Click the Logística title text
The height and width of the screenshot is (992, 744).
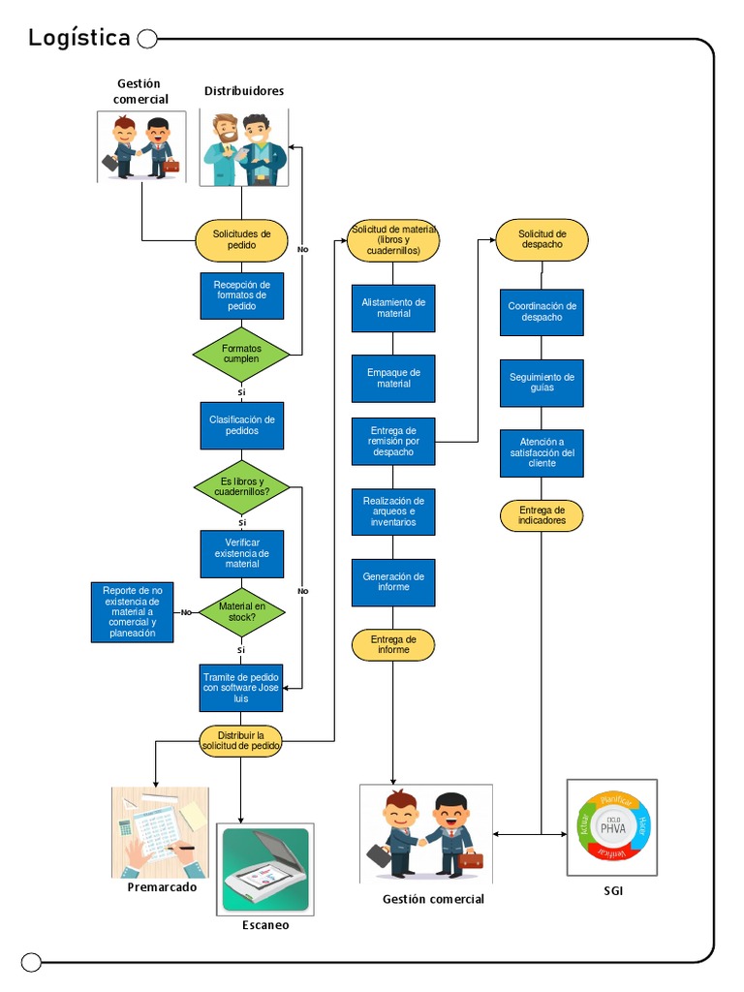[78, 38]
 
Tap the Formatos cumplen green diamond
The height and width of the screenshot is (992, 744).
[241, 353]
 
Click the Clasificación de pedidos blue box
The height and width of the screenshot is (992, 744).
[242, 425]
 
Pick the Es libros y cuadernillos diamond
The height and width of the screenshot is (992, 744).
[241, 486]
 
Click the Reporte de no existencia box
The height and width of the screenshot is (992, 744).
[133, 611]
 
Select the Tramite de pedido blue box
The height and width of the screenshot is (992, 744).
[241, 687]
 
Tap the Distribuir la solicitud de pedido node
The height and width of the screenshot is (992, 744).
[241, 739]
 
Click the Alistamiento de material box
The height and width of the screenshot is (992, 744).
[393, 308]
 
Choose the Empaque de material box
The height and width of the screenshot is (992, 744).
[393, 378]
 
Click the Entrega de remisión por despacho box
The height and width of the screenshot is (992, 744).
[393, 442]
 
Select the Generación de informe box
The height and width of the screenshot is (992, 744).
[393, 582]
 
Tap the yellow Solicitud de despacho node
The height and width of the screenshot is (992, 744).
[542, 240]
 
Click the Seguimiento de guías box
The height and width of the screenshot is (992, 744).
[542, 383]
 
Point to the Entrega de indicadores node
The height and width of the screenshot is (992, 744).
[542, 515]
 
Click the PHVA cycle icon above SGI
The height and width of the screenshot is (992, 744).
[611, 827]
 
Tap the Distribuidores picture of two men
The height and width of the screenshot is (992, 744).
[243, 147]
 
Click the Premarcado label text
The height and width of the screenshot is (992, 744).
[162, 887]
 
